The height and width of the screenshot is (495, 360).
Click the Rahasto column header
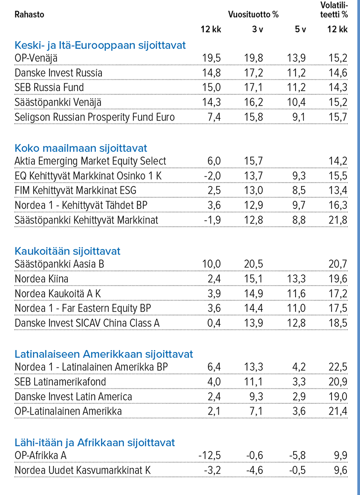[29, 14]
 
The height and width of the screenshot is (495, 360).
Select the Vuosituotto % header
[253, 14]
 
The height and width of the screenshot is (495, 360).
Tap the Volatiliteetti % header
[334, 10]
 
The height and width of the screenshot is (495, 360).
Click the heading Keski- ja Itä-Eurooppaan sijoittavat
[100, 45]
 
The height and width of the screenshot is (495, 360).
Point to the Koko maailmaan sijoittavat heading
[81, 148]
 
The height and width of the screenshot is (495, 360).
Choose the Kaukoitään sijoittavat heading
[67, 251]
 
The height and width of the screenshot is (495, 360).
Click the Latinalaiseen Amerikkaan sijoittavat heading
[104, 354]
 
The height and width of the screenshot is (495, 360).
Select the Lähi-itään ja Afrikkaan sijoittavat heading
[95, 442]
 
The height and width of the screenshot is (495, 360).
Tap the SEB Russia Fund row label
[49, 87]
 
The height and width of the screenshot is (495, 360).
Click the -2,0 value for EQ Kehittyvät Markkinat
[211, 176]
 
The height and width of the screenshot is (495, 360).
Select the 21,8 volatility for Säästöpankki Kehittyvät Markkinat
[338, 220]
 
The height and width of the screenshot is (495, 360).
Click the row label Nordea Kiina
[42, 279]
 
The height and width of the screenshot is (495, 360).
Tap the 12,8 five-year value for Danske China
[296, 323]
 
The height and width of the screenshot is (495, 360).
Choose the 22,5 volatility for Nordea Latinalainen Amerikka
[338, 367]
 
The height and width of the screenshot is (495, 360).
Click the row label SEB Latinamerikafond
[60, 382]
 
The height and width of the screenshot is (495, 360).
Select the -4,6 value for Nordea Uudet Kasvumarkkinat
[254, 470]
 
